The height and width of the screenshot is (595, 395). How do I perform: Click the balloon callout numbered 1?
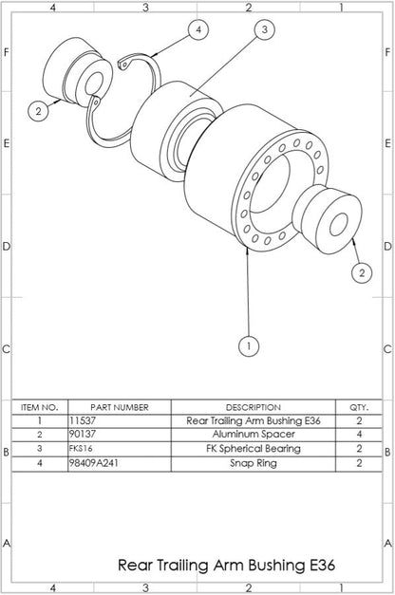coord(248,345)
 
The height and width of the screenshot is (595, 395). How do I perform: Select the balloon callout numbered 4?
coord(197,30)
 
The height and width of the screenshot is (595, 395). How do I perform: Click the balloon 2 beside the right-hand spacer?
coord(361,273)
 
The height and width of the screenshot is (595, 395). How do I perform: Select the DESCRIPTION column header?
coord(253,406)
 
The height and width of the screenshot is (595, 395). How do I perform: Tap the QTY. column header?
coord(359,406)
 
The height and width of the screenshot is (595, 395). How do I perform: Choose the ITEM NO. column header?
coord(40,406)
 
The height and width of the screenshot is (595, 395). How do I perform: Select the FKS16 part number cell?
coord(81,448)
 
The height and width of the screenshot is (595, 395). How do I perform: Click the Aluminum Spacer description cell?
coord(253,434)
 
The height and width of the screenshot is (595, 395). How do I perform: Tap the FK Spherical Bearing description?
coord(253,448)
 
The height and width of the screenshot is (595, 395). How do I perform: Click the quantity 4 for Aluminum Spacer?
coord(359,434)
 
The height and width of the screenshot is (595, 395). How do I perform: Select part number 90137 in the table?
coord(83,434)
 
